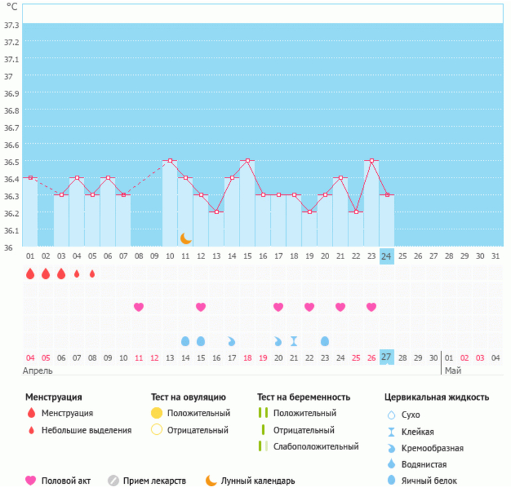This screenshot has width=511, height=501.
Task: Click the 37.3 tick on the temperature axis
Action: click(11, 25)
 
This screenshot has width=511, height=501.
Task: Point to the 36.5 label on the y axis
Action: click(11, 162)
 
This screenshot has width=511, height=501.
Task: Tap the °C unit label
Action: click(12, 8)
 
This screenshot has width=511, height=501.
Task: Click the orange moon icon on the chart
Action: click(186, 238)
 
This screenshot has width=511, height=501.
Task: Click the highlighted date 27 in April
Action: click(387, 357)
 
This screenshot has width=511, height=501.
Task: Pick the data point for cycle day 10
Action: click(170, 160)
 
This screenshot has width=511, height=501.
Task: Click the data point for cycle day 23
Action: click(372, 160)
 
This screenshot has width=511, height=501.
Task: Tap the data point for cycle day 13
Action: click(216, 212)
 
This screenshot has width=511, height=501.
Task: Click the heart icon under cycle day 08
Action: click(139, 307)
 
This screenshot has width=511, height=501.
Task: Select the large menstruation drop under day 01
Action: click(30, 274)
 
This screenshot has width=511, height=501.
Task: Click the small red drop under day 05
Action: click(92, 274)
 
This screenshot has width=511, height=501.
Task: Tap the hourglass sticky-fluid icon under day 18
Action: click(294, 341)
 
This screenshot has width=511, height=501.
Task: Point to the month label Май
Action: click(453, 370)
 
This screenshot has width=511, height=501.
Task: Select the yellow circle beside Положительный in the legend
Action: click(157, 413)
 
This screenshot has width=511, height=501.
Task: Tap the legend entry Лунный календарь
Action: click(258, 481)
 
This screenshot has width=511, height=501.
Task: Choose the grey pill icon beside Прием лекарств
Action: click(113, 480)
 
